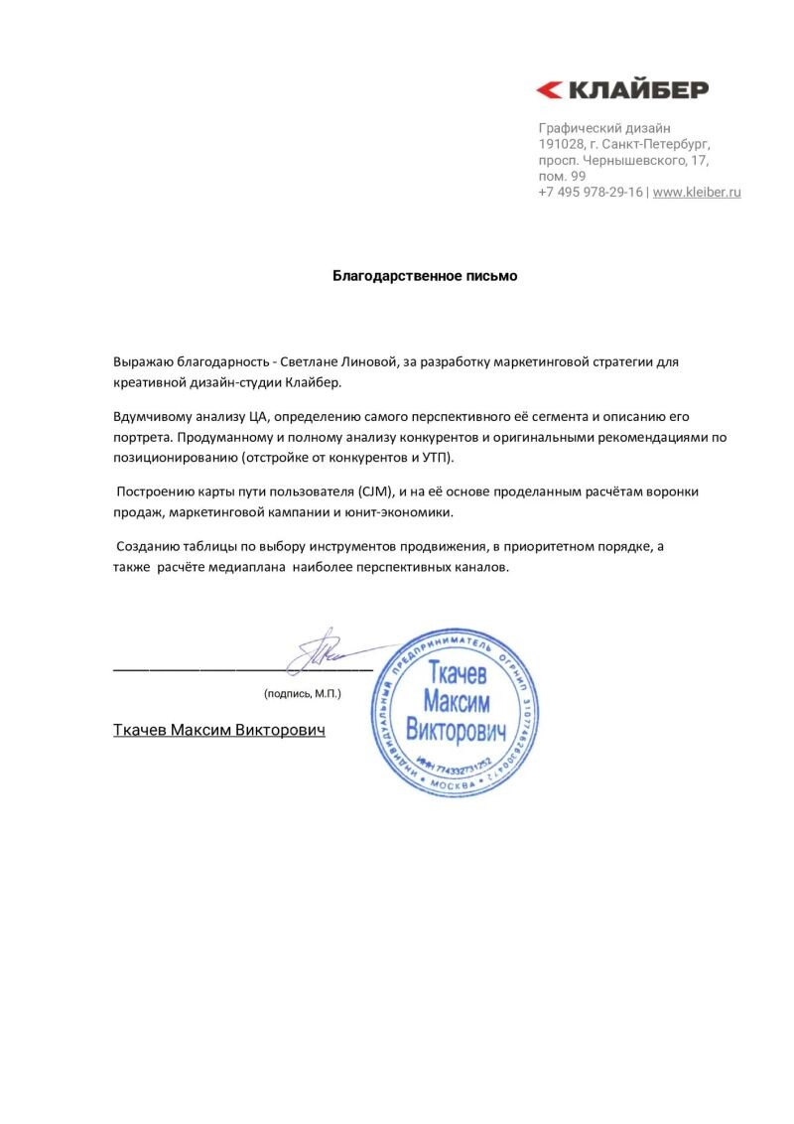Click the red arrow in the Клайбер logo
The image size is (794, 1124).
tap(549, 90)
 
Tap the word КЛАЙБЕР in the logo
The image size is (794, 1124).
tap(637, 90)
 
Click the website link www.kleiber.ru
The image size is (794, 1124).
tap(697, 192)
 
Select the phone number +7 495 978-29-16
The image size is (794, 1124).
tap(591, 192)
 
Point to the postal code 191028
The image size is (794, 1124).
tap(561, 144)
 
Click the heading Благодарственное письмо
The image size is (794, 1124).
tap(425, 276)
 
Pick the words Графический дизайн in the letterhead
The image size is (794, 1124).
tap(604, 128)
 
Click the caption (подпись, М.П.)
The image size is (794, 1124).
tap(302, 693)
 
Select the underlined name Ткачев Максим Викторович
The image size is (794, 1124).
tap(219, 730)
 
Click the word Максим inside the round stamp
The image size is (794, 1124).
tap(457, 701)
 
